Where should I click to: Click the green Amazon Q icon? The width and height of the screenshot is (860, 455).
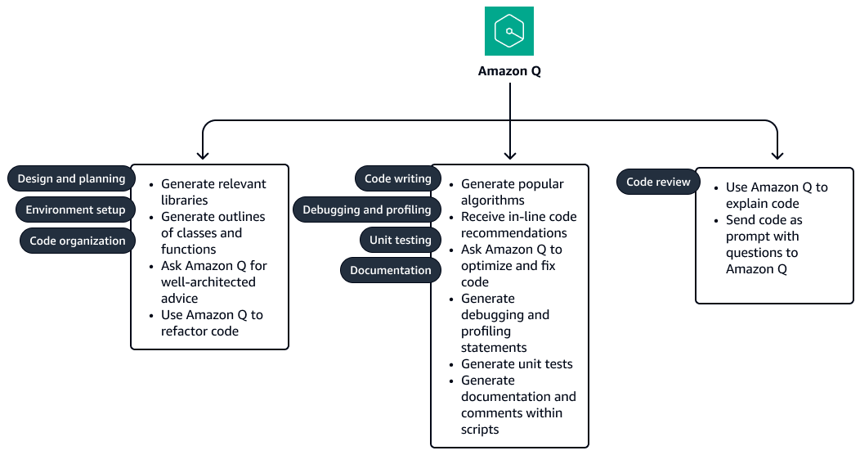508,31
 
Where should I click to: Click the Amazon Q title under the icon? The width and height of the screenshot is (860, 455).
509,71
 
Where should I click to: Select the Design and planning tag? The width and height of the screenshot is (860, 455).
71,178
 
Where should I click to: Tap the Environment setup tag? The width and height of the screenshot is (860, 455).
75,209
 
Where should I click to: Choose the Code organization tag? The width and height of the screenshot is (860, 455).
78,241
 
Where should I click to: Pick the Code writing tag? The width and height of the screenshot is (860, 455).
397,178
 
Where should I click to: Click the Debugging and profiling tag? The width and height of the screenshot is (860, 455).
366,209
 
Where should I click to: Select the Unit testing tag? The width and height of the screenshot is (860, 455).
400,240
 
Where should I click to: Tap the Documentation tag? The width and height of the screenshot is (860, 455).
390,270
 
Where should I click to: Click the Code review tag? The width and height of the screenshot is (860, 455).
658,182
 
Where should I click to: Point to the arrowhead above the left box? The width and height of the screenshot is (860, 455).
203,154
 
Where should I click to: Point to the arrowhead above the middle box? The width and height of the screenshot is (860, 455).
509,154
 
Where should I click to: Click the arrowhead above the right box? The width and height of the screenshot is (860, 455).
777,154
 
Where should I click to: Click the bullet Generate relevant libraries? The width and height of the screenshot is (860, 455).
213,192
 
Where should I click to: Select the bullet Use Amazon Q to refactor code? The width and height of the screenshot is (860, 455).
212,323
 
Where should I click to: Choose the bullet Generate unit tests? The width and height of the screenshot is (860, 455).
517,364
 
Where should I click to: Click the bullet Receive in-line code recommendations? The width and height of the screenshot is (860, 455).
518,225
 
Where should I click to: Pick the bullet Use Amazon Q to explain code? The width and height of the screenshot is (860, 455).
777,196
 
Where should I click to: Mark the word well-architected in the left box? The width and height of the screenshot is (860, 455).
208,282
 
